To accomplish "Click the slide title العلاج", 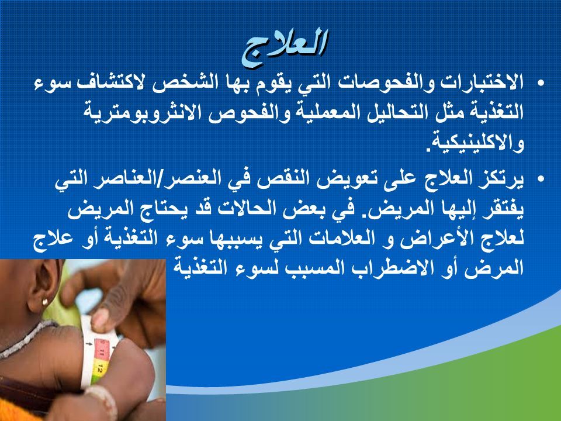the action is click(x=285, y=47).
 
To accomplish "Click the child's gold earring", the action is click(x=45, y=302).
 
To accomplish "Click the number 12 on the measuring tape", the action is click(x=100, y=368).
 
